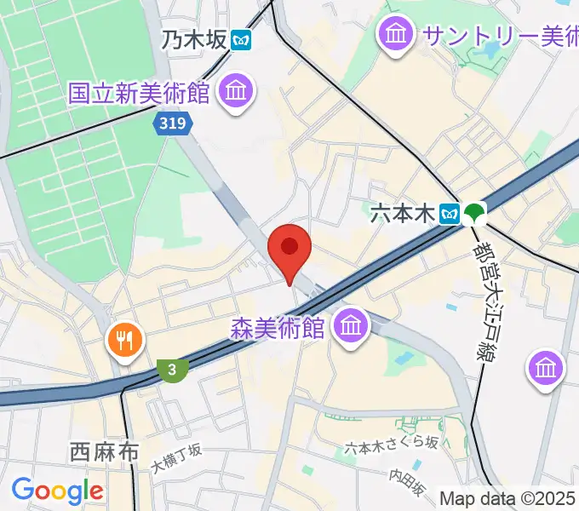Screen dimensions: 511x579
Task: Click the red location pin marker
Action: [x=289, y=250]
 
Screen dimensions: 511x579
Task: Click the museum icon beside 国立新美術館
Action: [x=237, y=91]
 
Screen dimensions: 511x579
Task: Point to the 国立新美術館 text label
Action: [x=140, y=93]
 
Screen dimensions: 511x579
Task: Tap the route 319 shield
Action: [x=174, y=124]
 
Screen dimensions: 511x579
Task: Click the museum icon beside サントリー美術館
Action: [x=396, y=35]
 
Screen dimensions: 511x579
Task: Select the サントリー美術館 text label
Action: [x=499, y=35]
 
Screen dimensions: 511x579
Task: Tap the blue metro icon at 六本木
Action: [x=449, y=214]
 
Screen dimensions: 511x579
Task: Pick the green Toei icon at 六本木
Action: [x=473, y=214]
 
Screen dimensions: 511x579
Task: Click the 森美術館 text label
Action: [x=278, y=327]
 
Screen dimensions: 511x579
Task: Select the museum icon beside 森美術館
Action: [x=350, y=324]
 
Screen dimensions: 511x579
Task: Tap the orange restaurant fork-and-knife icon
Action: [x=125, y=342]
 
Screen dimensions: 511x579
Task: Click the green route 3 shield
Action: [x=173, y=369]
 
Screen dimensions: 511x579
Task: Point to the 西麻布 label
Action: [x=105, y=452]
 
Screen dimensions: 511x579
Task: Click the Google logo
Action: [x=57, y=491]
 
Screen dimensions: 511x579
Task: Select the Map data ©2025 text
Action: [x=507, y=497]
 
